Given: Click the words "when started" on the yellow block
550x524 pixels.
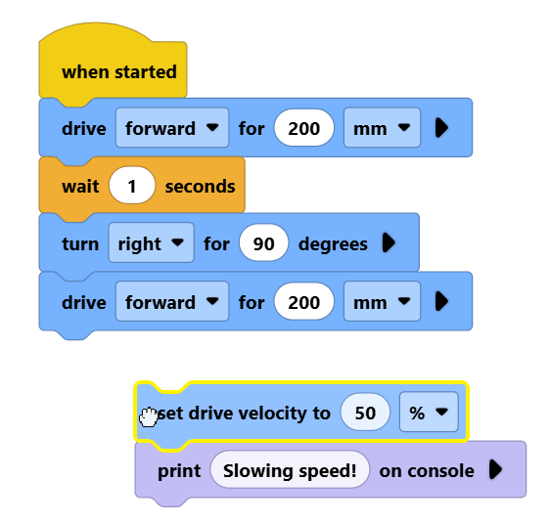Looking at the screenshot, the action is tap(119, 71).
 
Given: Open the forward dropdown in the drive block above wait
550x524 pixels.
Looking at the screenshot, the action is tap(172, 128).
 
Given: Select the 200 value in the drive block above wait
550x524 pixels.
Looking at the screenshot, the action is tap(304, 128).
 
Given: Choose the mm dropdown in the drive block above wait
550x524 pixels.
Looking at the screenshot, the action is tap(382, 128).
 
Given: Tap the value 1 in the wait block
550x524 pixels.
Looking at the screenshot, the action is tap(132, 186).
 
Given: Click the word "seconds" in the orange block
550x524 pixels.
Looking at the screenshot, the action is tap(201, 186).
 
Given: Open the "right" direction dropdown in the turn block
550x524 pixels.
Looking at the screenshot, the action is tap(151, 242).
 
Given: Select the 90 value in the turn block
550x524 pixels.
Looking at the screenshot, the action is tap(264, 242).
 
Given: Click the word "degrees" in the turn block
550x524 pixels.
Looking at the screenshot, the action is tap(333, 243).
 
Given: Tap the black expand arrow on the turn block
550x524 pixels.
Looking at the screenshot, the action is tap(389, 242).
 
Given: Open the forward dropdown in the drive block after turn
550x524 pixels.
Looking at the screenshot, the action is tap(172, 301).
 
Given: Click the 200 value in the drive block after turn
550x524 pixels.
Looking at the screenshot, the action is tap(304, 301).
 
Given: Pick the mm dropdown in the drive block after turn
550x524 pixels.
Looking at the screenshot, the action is tap(382, 301).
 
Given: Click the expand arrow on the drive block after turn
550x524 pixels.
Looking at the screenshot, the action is tap(441, 301).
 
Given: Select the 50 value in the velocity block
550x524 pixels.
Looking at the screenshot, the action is tap(365, 413).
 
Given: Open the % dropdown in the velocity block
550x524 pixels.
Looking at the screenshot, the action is tap(429, 412).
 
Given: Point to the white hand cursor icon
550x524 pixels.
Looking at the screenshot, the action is tap(149, 417).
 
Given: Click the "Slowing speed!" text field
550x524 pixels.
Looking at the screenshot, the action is tap(290, 469).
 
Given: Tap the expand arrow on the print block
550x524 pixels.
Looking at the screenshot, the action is tap(495, 469).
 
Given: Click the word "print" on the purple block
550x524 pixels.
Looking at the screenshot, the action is tap(179, 471).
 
